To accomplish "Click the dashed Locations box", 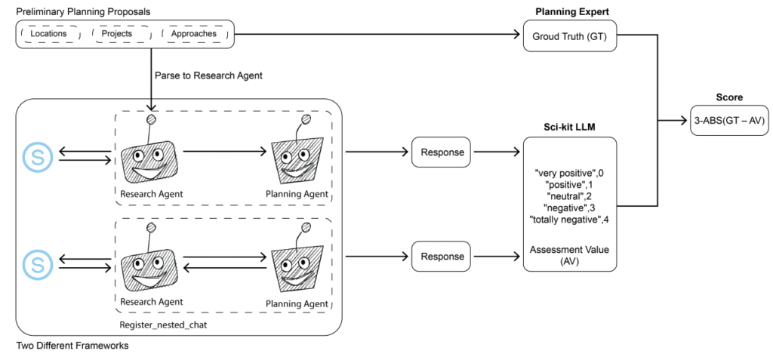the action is pos(51,34).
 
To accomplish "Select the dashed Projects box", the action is pos(121,34).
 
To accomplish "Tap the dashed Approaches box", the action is pos(194,34).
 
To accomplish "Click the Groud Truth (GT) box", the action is pos(569,35).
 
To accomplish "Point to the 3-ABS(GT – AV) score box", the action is pos(729,120).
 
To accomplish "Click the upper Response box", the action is pos(441,152).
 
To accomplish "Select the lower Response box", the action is pos(441,257).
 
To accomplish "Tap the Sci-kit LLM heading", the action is pos(570,128).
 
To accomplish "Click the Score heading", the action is pos(729,97).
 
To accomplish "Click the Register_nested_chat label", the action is pos(157,325).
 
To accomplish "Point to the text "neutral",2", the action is pos(569,197).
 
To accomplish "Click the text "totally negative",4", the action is pos(569,220).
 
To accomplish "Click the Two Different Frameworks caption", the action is pos(72,346).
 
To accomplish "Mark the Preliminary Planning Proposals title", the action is pos(83,11).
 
